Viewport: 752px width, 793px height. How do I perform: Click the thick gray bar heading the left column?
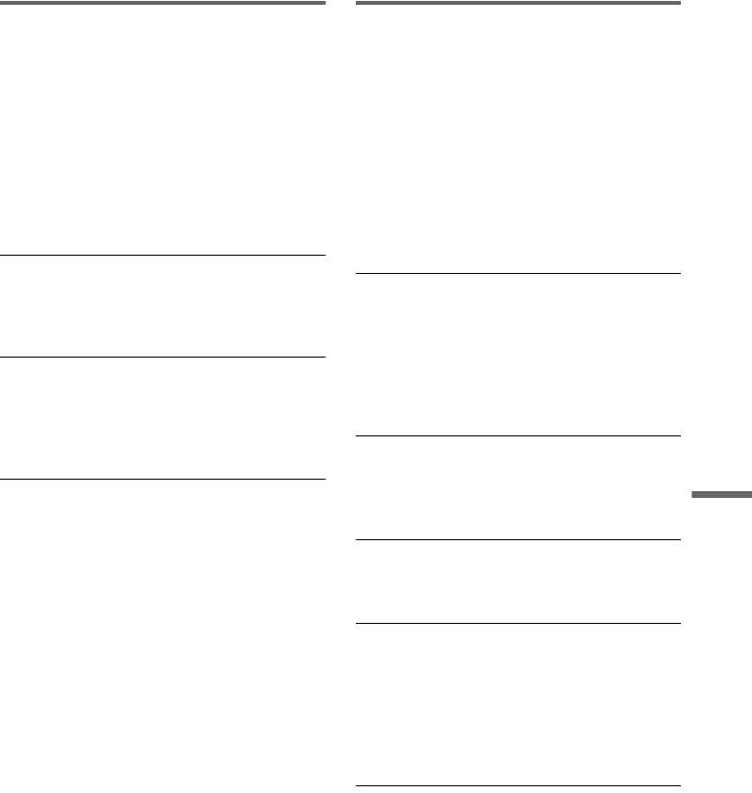163,3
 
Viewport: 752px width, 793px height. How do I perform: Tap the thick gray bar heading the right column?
518,3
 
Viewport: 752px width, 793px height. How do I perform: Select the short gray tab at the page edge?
722,496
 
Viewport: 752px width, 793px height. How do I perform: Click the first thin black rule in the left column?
163,255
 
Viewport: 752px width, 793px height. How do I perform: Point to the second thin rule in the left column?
163,358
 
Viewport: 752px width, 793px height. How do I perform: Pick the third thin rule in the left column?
163,479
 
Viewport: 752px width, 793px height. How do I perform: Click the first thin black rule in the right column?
518,274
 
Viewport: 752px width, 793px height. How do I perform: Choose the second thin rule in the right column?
518,435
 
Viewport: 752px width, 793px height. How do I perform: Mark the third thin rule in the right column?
518,539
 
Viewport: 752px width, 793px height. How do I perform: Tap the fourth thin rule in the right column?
518,623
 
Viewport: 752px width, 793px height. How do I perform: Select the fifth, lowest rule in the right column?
518,787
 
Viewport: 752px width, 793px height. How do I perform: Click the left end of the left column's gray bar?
3,3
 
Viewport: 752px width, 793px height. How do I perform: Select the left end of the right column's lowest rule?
359,787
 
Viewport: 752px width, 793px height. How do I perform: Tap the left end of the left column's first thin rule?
3,255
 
